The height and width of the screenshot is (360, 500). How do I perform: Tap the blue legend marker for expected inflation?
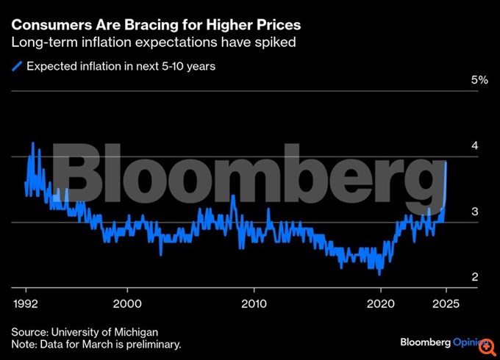click(18, 66)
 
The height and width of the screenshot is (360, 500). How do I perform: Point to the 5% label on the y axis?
click(479, 79)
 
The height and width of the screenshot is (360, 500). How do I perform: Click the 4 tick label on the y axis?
click(475, 145)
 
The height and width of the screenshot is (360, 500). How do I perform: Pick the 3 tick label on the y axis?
click(475, 212)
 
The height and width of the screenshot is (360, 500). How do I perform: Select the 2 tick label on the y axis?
click(475, 277)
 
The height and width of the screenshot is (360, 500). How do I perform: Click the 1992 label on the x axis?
click(26, 303)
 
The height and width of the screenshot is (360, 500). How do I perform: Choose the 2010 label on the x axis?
click(254, 303)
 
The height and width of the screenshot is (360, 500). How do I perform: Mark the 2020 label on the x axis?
click(380, 303)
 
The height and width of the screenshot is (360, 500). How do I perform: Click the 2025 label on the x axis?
click(444, 303)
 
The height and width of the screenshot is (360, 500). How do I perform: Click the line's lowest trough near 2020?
click(379, 274)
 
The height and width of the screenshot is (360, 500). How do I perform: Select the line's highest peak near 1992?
click(32, 143)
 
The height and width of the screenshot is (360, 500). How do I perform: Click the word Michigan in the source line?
click(137, 331)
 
